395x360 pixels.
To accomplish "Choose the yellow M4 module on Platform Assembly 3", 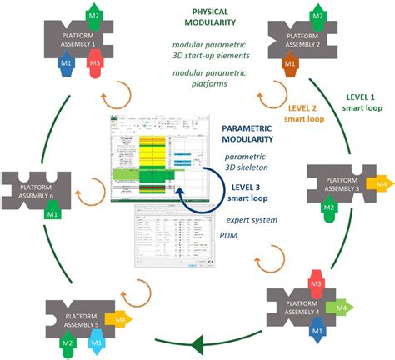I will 379,182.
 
